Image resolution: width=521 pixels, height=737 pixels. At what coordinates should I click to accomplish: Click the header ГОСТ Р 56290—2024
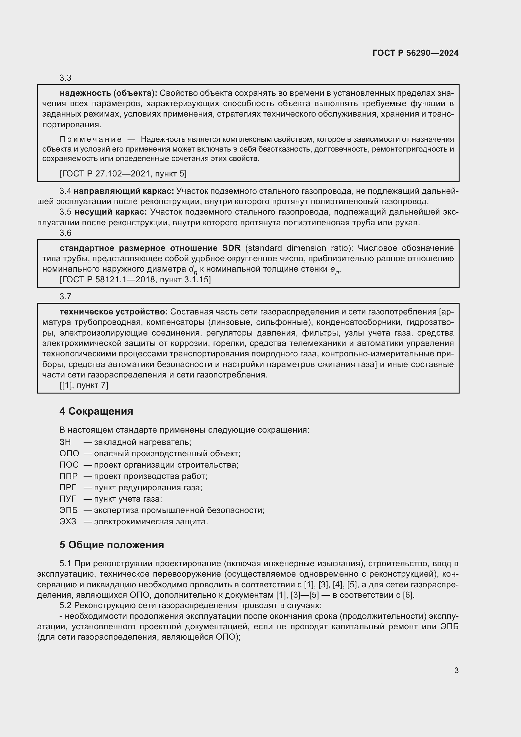pyautogui.click(x=415, y=53)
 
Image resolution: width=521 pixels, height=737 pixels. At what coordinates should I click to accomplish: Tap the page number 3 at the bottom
pyautogui.click(x=456, y=670)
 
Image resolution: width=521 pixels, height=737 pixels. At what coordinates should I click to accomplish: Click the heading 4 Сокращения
pyautogui.click(x=96, y=411)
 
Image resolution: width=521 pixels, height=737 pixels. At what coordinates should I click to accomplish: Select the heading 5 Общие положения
pyautogui.click(x=112, y=545)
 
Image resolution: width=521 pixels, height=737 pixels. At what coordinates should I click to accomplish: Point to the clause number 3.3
pyautogui.click(x=66, y=78)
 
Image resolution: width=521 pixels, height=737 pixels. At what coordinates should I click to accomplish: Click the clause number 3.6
pyautogui.click(x=66, y=233)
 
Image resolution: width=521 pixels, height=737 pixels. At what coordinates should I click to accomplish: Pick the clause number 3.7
pyautogui.click(x=66, y=297)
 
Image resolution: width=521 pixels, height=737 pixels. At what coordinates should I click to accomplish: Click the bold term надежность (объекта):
pyautogui.click(x=108, y=93)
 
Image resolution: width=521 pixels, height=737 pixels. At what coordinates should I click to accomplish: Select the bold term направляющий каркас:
pyautogui.click(x=124, y=191)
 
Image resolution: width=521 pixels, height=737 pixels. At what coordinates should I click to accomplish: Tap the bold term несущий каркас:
pyautogui.click(x=111, y=212)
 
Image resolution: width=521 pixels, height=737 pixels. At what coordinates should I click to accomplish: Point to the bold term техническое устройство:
pyautogui.click(x=114, y=312)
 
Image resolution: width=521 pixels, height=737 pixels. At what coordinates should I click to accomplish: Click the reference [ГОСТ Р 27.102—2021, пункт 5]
pyautogui.click(x=123, y=174)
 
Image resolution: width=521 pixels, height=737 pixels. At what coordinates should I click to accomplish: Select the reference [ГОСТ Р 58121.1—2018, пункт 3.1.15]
pyautogui.click(x=135, y=279)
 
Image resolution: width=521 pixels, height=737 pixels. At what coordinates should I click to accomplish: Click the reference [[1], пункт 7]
pyautogui.click(x=84, y=385)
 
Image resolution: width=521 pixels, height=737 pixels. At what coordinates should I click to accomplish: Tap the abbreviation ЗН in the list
pyautogui.click(x=65, y=442)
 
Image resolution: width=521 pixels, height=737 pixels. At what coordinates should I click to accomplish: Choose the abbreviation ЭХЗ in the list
pyautogui.click(x=68, y=521)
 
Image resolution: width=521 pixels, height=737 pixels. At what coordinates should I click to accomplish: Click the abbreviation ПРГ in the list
pyautogui.click(x=68, y=487)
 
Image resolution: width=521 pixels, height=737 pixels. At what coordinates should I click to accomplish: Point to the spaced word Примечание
pyautogui.click(x=90, y=139)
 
